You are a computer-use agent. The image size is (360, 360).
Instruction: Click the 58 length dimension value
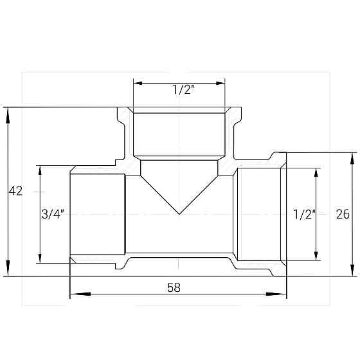pos(174,288)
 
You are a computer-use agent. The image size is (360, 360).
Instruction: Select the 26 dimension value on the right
pos(343,215)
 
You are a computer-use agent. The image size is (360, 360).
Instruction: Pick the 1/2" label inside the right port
pos(303,215)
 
